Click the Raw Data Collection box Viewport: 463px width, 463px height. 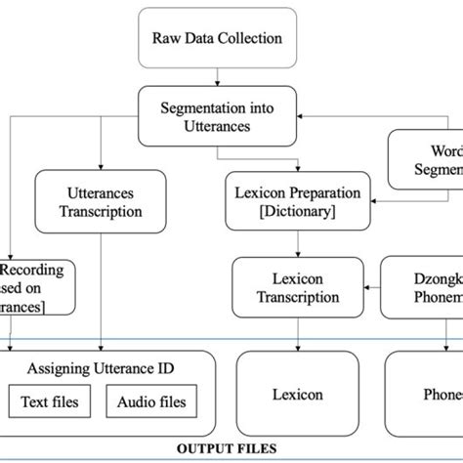(218, 38)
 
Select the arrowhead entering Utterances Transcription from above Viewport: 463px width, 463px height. (102, 167)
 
